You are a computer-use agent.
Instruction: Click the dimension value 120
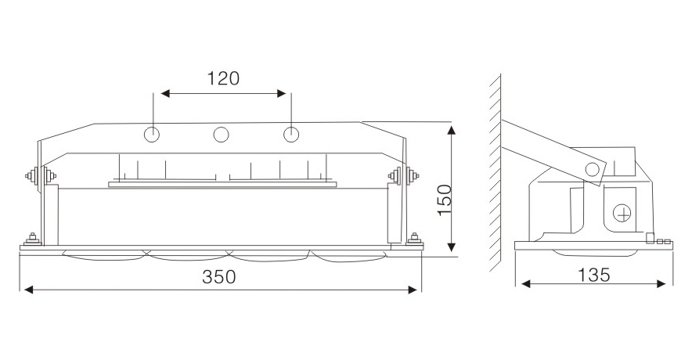[x=222, y=78]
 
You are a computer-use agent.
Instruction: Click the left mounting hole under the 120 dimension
[x=153, y=135]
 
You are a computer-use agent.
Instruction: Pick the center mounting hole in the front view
[x=222, y=135]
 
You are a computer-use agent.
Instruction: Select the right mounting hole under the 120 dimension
[x=291, y=135]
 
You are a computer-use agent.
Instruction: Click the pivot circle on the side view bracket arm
[x=593, y=168]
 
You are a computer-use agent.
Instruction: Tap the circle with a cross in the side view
[x=622, y=212]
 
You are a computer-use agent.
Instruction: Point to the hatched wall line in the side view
[x=494, y=172]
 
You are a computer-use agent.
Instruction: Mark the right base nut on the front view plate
[x=413, y=238]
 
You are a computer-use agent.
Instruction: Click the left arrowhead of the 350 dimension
[x=28, y=290]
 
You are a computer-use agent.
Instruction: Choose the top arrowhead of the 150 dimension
[x=452, y=127]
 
